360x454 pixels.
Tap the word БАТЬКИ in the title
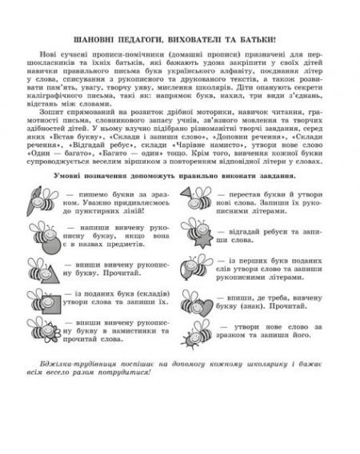(x=275, y=38)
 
